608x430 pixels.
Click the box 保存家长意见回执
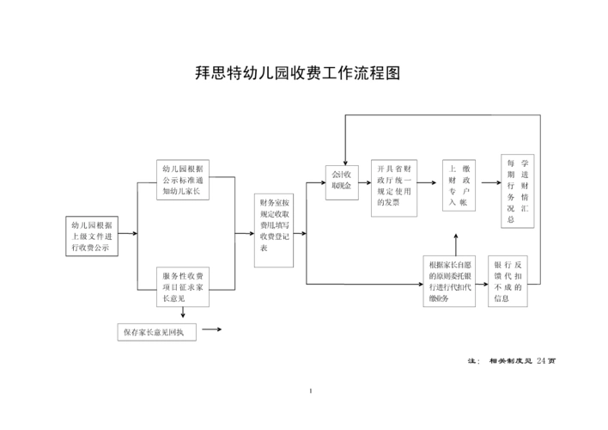coord(157,331)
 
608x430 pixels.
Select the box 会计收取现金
coord(343,181)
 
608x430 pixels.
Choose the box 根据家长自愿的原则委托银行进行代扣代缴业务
coord(452,281)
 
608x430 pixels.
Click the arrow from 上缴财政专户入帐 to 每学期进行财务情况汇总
coord(489,183)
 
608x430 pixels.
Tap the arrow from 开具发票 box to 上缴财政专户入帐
coord(427,183)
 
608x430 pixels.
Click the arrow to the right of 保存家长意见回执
coord(211,330)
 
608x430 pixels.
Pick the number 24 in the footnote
coord(540,360)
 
